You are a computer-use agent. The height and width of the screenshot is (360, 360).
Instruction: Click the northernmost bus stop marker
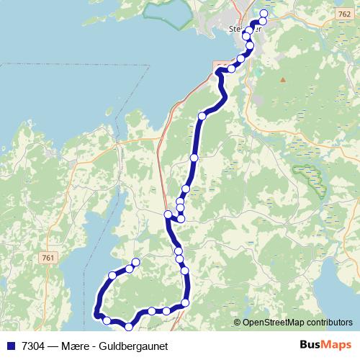(264, 14)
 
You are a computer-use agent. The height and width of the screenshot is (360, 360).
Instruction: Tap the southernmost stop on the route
(129, 326)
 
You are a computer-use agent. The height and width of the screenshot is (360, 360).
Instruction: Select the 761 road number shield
(49, 258)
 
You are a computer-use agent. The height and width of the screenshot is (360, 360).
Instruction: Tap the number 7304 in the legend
(31, 345)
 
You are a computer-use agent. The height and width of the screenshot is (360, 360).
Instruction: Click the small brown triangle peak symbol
(283, 79)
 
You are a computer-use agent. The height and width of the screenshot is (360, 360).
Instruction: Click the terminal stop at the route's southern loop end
(135, 261)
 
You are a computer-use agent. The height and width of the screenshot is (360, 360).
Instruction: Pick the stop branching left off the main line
(168, 214)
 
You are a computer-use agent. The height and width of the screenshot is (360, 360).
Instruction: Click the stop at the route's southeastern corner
(185, 303)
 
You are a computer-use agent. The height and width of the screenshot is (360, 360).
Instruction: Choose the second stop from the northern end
(263, 21)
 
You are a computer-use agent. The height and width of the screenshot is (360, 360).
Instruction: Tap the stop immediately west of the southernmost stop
(107, 320)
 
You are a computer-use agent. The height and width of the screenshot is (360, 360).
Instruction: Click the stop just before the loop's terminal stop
(130, 269)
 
